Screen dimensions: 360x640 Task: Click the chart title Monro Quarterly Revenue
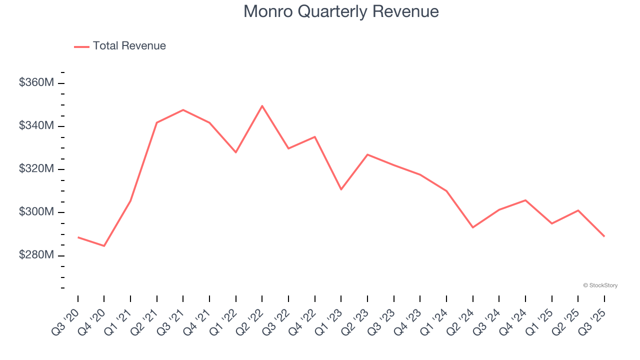point(341,11)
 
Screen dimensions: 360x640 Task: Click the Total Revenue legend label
point(129,46)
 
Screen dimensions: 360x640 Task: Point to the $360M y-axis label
point(36,82)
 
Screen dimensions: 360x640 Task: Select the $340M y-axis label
point(36,125)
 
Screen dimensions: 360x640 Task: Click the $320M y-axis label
point(36,169)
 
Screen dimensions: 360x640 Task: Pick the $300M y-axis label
point(36,212)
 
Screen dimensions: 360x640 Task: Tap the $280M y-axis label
point(36,255)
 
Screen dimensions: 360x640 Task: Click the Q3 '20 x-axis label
point(66,321)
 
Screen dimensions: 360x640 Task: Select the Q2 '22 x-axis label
point(250,321)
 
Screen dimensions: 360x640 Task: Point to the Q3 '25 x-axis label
point(592,321)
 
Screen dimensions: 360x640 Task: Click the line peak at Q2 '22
point(262,106)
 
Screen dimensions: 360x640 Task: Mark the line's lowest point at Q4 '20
point(104,246)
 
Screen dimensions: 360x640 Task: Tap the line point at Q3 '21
point(183,110)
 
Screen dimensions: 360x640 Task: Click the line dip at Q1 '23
point(341,189)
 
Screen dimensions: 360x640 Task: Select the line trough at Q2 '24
point(472,227)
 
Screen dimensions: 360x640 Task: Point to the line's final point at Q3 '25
point(604,236)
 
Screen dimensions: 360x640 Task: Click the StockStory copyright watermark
point(600,285)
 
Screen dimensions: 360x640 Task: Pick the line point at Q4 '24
point(525,200)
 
